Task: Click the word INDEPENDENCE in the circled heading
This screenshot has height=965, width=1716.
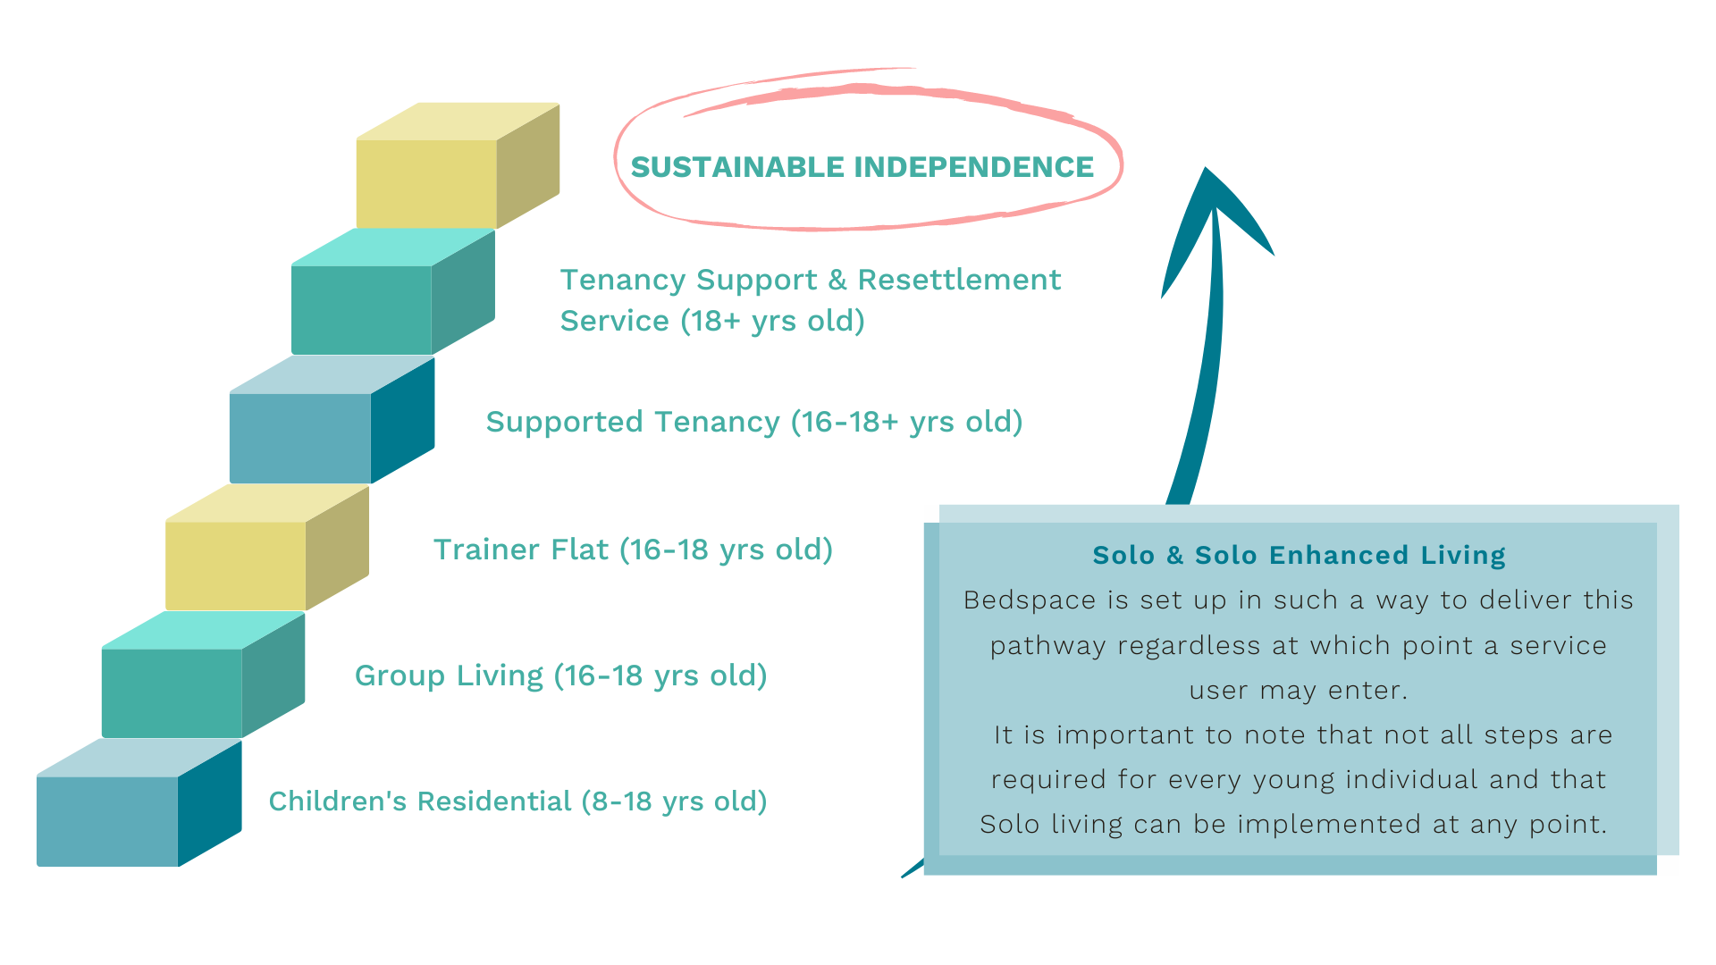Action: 974,167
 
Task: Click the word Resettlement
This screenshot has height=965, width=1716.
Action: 959,280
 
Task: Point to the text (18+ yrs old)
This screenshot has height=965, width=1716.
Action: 772,321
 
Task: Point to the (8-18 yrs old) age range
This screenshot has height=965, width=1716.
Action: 674,801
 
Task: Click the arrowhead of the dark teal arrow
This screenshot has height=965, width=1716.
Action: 1210,214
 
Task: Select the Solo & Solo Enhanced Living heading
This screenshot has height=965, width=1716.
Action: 1299,555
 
